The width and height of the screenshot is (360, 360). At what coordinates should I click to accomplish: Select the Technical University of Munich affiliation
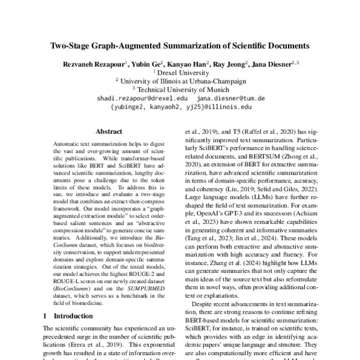180,89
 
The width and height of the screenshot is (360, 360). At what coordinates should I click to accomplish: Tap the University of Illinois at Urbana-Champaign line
180,80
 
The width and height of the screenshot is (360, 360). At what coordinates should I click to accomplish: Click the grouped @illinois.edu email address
180,106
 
